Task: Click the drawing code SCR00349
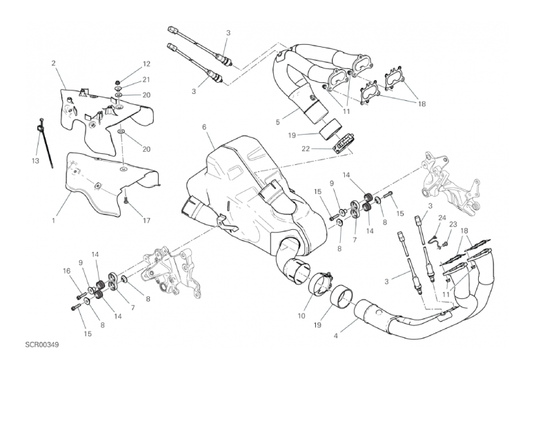coord(41,345)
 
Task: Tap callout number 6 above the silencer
coord(204,127)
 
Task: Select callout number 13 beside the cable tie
coord(35,161)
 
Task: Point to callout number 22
coord(305,149)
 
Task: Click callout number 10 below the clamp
coord(301,316)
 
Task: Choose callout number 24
coord(442,217)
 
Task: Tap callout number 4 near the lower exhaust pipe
coord(335,336)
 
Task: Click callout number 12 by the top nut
coord(146,64)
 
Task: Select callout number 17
coord(146,220)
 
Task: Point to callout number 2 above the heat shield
coord(53,63)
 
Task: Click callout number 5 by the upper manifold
coord(278,122)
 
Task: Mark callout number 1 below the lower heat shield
coord(53,220)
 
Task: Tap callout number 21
coord(146,79)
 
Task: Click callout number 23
coord(453,224)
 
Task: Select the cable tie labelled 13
coord(45,143)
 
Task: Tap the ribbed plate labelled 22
coord(342,143)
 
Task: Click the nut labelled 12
coord(117,82)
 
